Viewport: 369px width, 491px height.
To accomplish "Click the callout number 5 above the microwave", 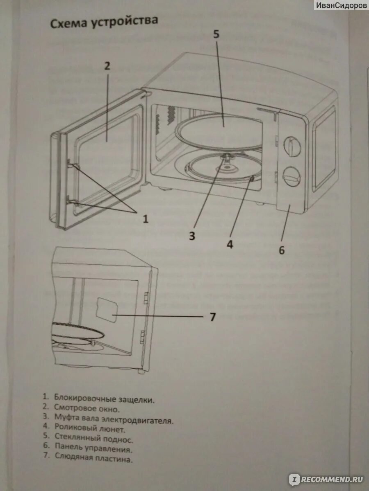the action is (x=216, y=35).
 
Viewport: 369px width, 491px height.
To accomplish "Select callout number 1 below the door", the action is (x=145, y=219).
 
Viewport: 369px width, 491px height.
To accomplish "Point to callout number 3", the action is (x=193, y=236).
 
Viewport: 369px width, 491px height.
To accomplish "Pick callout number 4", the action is (x=230, y=244).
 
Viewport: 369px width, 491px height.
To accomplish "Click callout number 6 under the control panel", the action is (x=282, y=250).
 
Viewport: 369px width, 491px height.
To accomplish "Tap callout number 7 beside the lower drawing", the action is (x=212, y=317).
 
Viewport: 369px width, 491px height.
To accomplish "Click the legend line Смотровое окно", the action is (x=87, y=408).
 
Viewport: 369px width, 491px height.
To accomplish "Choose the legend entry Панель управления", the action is (x=93, y=450).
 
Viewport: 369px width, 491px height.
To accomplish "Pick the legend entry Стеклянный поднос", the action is (x=93, y=439).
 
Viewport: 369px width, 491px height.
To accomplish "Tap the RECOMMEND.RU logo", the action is (x=326, y=479).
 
